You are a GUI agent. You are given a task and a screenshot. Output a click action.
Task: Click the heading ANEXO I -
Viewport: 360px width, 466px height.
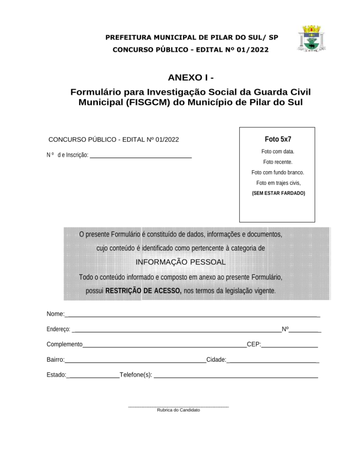(x=191, y=77)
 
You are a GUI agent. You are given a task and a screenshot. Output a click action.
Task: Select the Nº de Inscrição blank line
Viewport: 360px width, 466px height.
(x=141, y=157)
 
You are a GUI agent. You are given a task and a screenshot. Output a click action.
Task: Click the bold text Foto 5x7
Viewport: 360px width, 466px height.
(x=278, y=139)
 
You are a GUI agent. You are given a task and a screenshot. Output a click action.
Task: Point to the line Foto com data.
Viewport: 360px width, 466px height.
(x=278, y=152)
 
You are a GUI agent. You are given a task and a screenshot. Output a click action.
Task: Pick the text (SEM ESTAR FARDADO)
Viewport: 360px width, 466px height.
(x=279, y=193)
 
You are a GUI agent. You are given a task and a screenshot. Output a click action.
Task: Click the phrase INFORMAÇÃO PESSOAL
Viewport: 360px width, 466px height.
(x=180, y=263)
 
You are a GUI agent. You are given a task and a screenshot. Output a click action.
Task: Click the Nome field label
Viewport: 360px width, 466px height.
(x=55, y=314)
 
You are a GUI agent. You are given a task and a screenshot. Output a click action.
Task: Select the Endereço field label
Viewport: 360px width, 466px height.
(x=58, y=329)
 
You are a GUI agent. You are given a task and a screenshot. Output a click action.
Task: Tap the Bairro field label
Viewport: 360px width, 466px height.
(x=55, y=360)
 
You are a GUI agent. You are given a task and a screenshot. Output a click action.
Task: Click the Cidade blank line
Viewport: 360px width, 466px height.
(x=273, y=362)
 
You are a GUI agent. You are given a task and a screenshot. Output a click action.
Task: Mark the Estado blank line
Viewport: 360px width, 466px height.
(x=93, y=377)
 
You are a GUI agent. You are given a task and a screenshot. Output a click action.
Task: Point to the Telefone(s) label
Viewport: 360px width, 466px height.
(x=136, y=375)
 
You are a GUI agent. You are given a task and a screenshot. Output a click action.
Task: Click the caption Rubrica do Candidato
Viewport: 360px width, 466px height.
(x=178, y=410)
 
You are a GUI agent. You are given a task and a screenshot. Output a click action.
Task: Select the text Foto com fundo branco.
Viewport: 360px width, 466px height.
(x=278, y=172)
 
